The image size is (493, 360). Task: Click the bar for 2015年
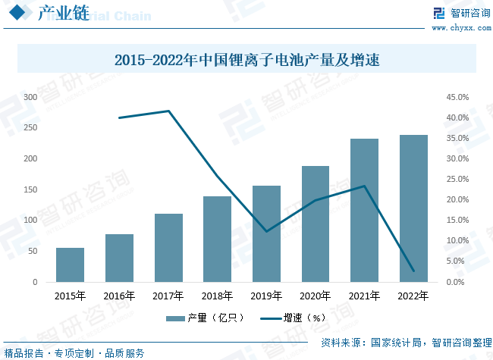(x=70, y=265)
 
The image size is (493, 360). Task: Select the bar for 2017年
(x=168, y=248)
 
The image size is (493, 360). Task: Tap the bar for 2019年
(x=266, y=233)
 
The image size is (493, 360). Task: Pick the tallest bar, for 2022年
(x=413, y=208)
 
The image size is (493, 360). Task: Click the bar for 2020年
(x=316, y=224)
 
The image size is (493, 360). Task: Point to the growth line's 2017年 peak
(x=168, y=111)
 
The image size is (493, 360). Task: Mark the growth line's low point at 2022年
(x=413, y=271)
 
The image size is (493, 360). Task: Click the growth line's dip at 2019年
(x=266, y=231)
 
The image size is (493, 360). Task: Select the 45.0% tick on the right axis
(x=457, y=97)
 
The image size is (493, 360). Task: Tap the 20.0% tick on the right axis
(x=457, y=200)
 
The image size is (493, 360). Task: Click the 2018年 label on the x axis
(x=217, y=296)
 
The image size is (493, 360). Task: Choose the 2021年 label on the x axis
(x=364, y=296)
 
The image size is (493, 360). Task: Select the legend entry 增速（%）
(x=293, y=318)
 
